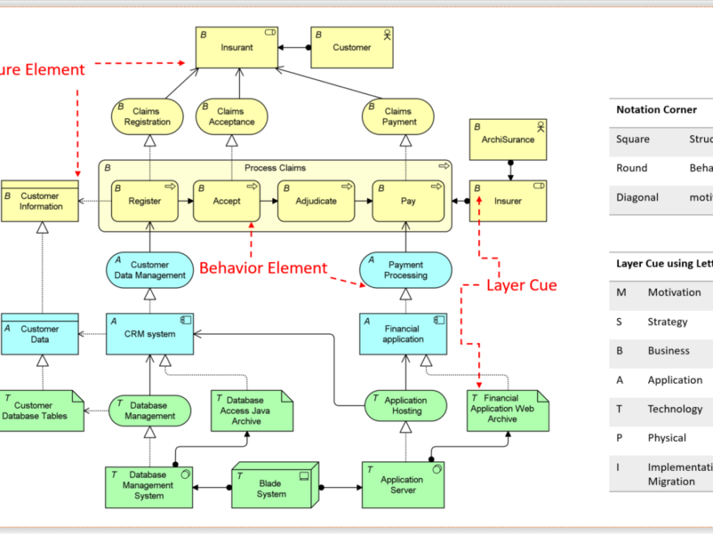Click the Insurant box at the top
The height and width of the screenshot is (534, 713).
(237, 48)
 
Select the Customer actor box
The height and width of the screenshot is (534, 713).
(352, 48)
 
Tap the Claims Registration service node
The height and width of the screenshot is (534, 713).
(147, 117)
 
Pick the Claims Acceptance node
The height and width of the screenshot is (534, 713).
(231, 117)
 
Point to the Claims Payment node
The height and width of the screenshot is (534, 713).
(399, 117)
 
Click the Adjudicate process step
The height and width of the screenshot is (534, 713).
(316, 201)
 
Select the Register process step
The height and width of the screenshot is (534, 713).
(144, 201)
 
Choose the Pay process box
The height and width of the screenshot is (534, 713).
(408, 201)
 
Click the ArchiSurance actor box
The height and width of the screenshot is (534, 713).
(508, 139)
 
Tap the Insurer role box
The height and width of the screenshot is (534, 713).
(508, 201)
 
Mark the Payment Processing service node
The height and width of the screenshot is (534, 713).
(405, 270)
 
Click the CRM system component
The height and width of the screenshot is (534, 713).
(150, 334)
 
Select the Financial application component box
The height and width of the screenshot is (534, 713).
(403, 334)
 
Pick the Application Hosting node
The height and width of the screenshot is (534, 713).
(405, 405)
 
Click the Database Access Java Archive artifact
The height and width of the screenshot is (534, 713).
(252, 410)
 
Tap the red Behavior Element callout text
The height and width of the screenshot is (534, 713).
(263, 268)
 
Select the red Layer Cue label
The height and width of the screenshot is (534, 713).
(521, 285)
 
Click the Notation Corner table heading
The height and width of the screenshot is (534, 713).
(656, 110)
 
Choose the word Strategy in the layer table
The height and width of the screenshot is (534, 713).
(667, 322)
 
